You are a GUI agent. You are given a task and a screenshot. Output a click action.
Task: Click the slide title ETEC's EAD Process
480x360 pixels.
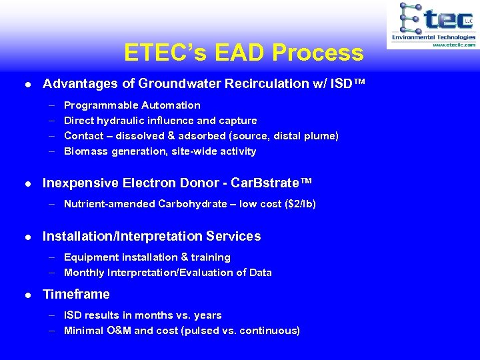(243, 53)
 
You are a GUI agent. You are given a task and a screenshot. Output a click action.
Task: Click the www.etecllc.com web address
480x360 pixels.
(453, 45)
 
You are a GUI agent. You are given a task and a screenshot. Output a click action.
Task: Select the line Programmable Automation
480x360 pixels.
(132, 105)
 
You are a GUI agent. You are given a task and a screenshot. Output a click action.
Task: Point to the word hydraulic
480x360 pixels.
(131, 121)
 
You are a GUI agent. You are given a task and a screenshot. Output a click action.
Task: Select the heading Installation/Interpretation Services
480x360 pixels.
(151, 237)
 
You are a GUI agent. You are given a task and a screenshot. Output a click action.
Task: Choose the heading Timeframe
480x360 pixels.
(76, 294)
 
